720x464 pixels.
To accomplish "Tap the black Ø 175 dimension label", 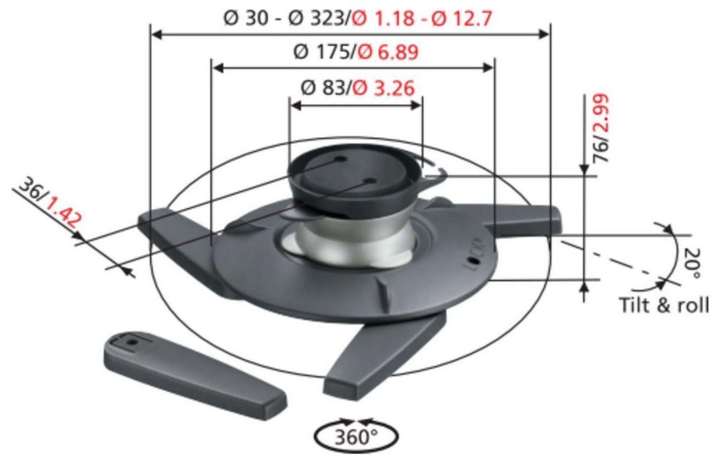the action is point(323,52).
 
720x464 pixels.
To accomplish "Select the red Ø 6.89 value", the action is point(388,52).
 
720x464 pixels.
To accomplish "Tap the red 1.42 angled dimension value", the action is point(63,211).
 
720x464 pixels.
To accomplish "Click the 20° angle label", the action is point(691,263).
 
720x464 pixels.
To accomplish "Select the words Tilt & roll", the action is point(663,305).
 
